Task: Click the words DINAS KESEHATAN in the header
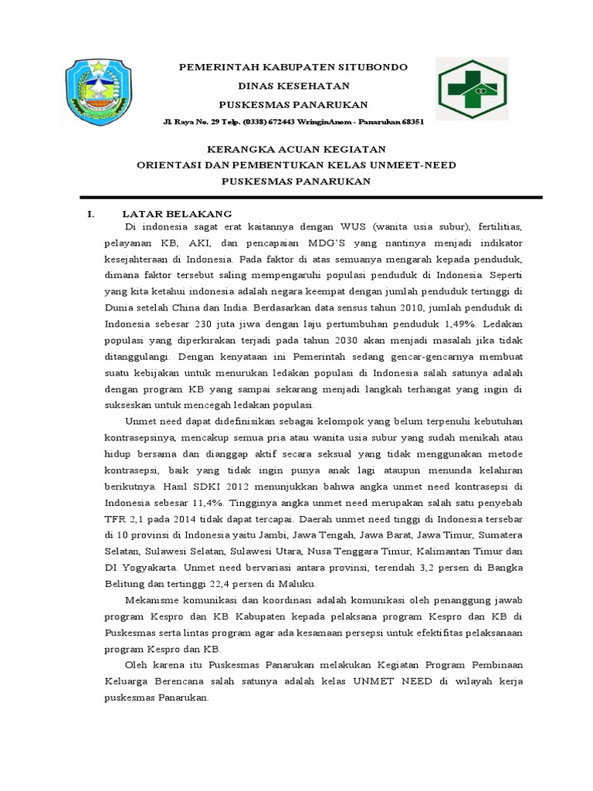[293, 86]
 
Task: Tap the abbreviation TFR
[116, 520]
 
